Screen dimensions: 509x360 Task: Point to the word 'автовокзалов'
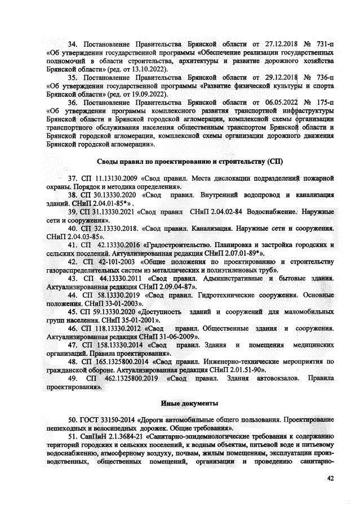point(273,378)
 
